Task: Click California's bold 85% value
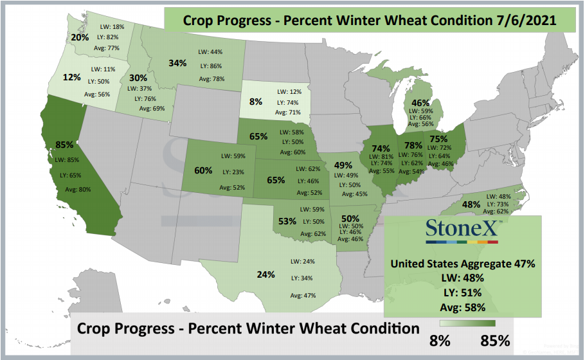(x=64, y=145)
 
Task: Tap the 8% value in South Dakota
(x=256, y=102)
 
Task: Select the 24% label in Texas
(x=265, y=274)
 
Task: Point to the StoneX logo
(x=462, y=231)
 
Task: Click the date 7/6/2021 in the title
(x=526, y=20)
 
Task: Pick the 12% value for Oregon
(x=71, y=77)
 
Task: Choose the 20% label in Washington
(x=80, y=37)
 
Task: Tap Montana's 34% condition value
(x=177, y=63)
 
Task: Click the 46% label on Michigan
(x=420, y=103)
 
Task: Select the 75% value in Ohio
(x=438, y=139)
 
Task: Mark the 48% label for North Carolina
(x=471, y=204)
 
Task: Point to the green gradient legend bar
(x=467, y=323)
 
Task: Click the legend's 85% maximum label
(x=495, y=340)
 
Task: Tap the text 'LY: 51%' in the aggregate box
(x=463, y=293)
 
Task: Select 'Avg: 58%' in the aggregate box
(x=463, y=307)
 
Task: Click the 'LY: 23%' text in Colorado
(x=233, y=172)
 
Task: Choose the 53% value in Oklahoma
(x=287, y=221)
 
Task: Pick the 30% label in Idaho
(x=138, y=78)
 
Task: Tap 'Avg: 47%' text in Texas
(x=303, y=296)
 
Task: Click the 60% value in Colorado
(x=203, y=170)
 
